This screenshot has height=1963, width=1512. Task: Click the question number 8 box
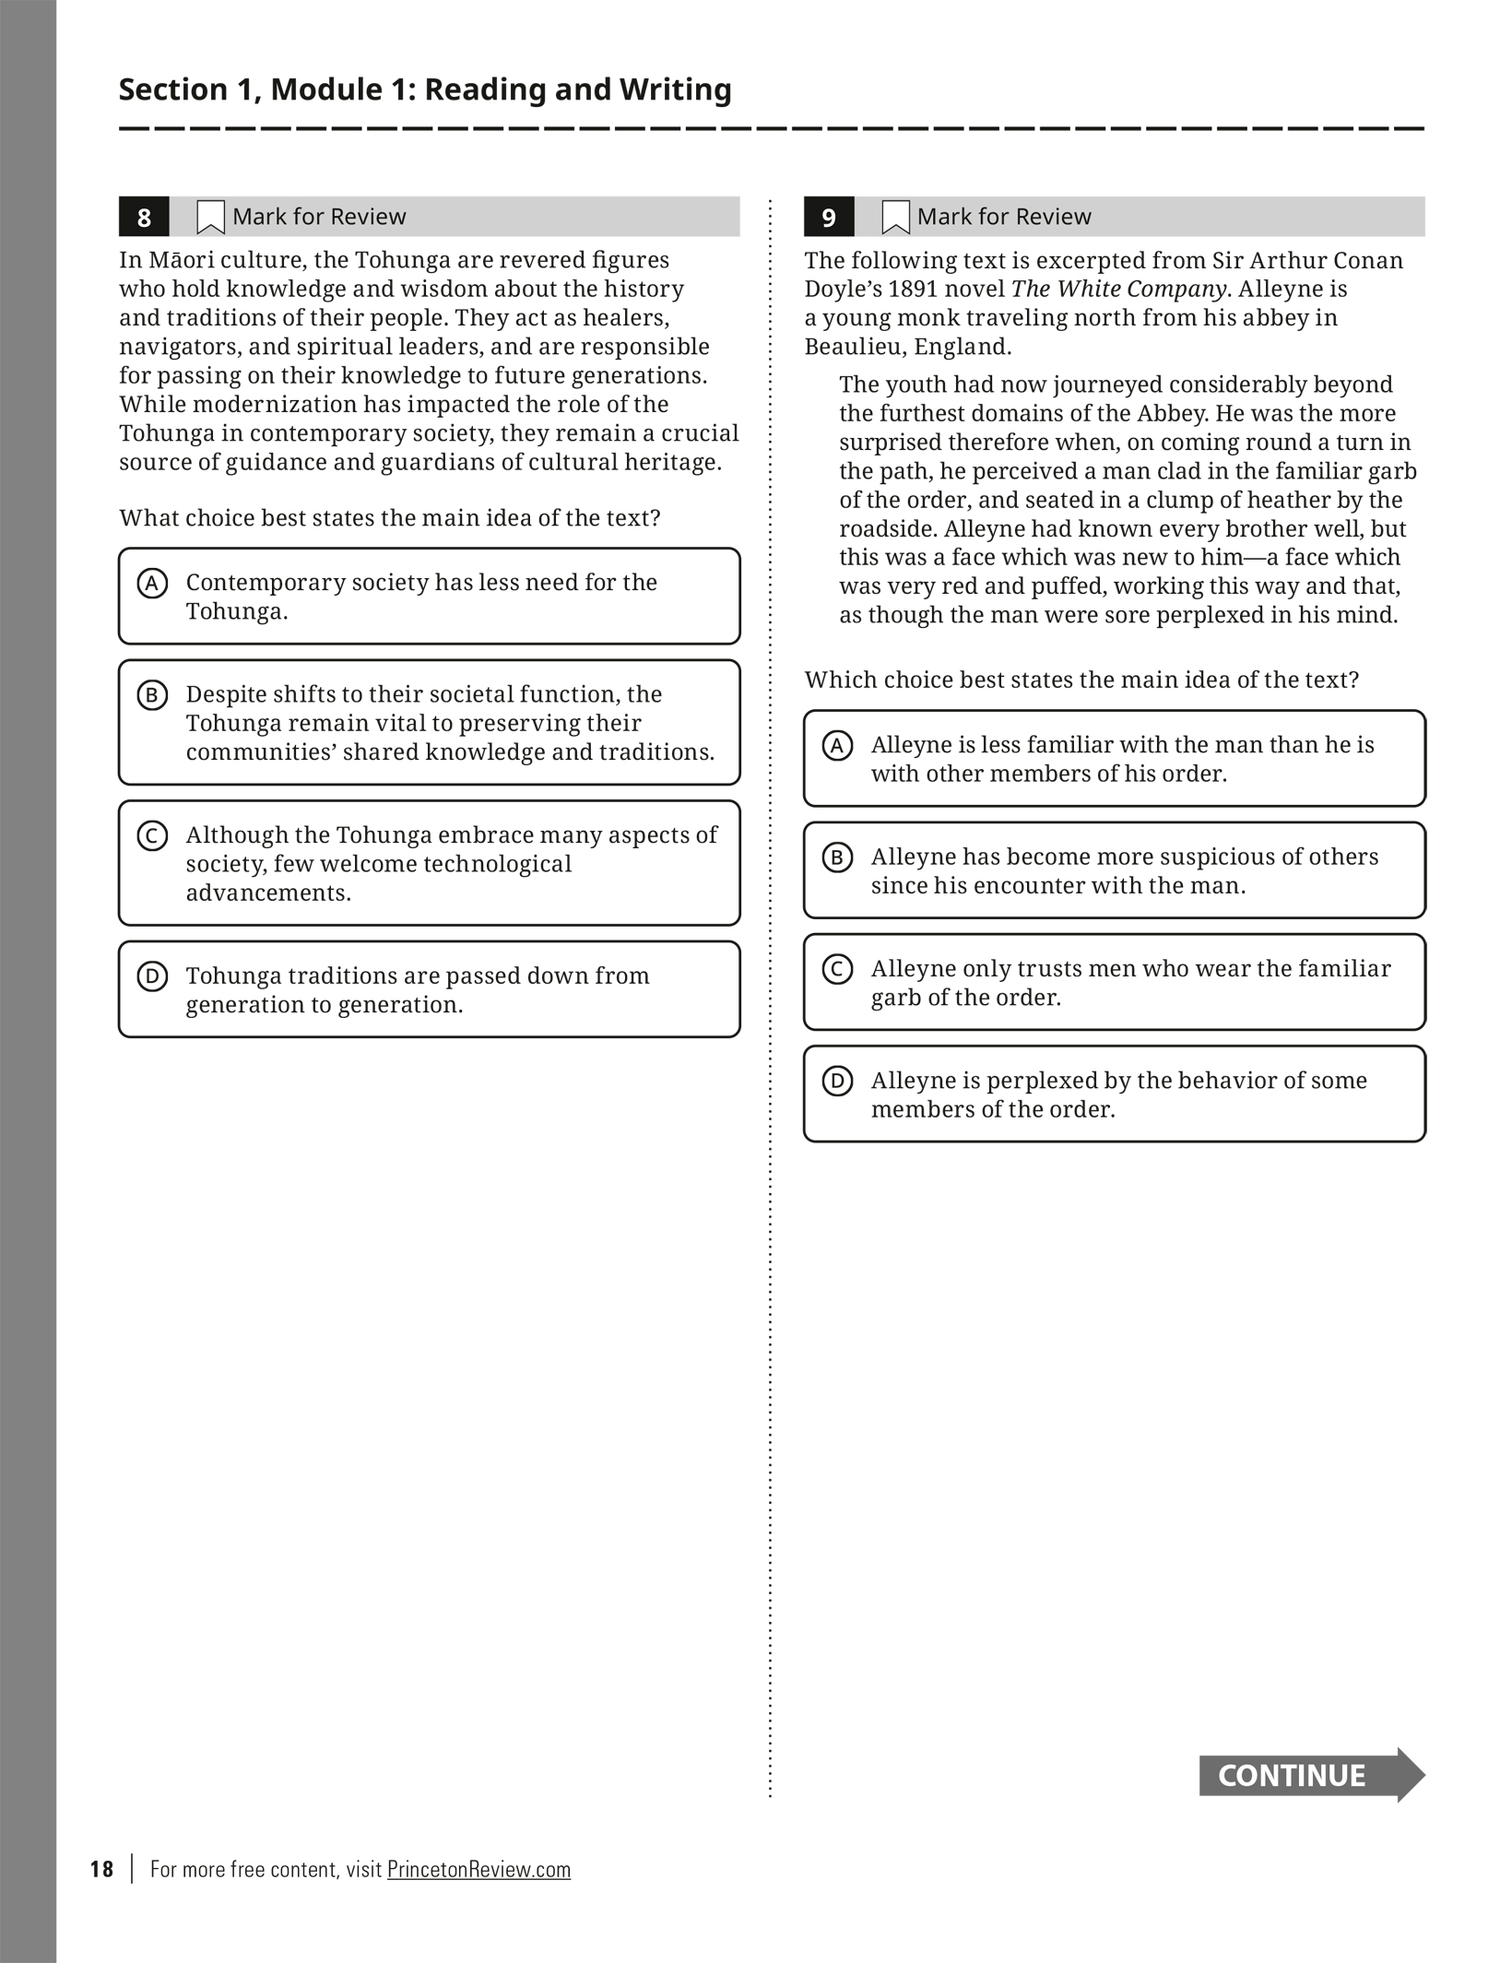coord(144,217)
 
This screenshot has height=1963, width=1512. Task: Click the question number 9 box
coord(829,217)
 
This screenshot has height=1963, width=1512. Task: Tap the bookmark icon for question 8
coord(210,218)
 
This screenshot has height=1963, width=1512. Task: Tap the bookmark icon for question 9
coord(895,218)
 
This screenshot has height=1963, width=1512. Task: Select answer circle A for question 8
coord(152,584)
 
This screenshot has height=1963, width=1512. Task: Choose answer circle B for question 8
coord(152,695)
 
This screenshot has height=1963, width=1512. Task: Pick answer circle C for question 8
coord(152,836)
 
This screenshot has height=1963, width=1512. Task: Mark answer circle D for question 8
coord(152,976)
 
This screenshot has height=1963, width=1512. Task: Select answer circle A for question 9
coord(837,746)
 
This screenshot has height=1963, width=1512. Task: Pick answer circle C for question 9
coord(837,970)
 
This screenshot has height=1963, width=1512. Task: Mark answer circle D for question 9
coord(837,1082)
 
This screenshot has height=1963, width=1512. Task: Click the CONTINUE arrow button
coord(1310,1775)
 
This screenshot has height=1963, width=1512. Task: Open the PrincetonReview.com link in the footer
coord(478,1869)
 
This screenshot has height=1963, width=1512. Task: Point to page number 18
coord(101,1869)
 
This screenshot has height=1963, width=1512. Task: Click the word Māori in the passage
coord(181,260)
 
